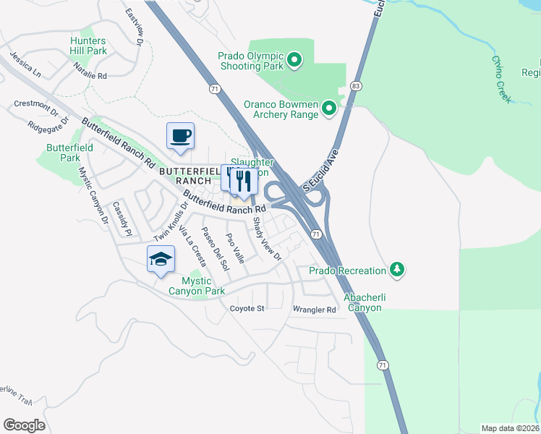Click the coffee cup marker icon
pos(180,135)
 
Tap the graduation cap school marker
pos(161,259)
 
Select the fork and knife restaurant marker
pos(244,181)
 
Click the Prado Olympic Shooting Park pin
pos(294,61)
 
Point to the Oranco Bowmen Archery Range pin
pos(329,109)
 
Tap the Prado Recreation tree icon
pos(396,270)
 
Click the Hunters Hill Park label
pos(88,46)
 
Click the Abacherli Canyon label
pos(352,302)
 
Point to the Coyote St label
pos(248,309)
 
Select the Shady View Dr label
pos(266,239)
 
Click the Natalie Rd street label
pos(90,70)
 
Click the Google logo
pos(24,425)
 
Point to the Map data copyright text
pos(510,428)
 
